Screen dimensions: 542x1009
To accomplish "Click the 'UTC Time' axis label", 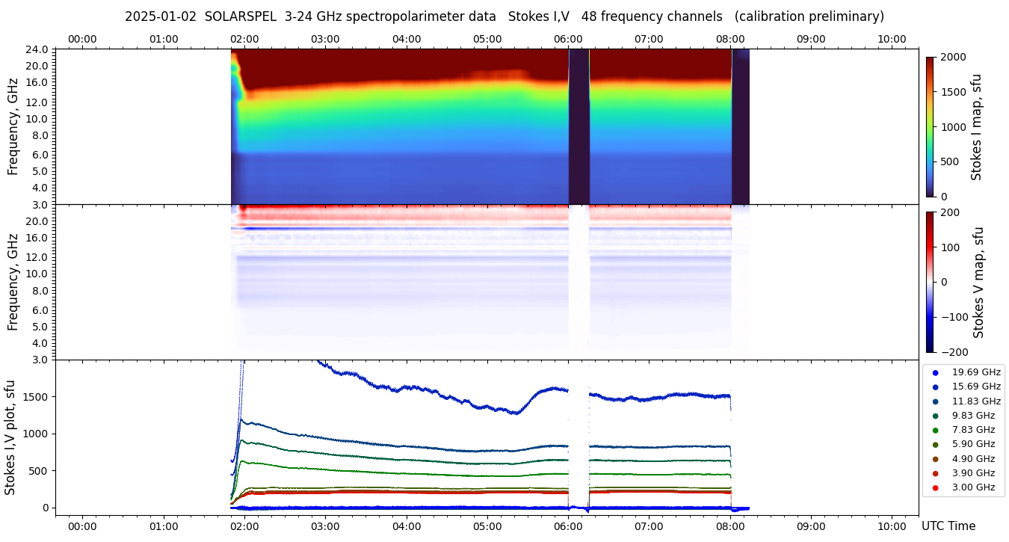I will coord(948,526).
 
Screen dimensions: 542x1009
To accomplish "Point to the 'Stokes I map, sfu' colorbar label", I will coord(976,127).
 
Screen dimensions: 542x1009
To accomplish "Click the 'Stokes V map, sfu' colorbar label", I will coord(978,282).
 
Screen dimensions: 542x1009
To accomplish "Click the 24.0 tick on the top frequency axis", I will coord(38,49).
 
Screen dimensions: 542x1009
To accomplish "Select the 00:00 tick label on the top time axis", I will coord(82,39).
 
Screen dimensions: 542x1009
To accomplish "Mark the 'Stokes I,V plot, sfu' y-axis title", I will coord(10,437).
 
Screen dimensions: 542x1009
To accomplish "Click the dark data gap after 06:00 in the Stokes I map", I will coord(579,127).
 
